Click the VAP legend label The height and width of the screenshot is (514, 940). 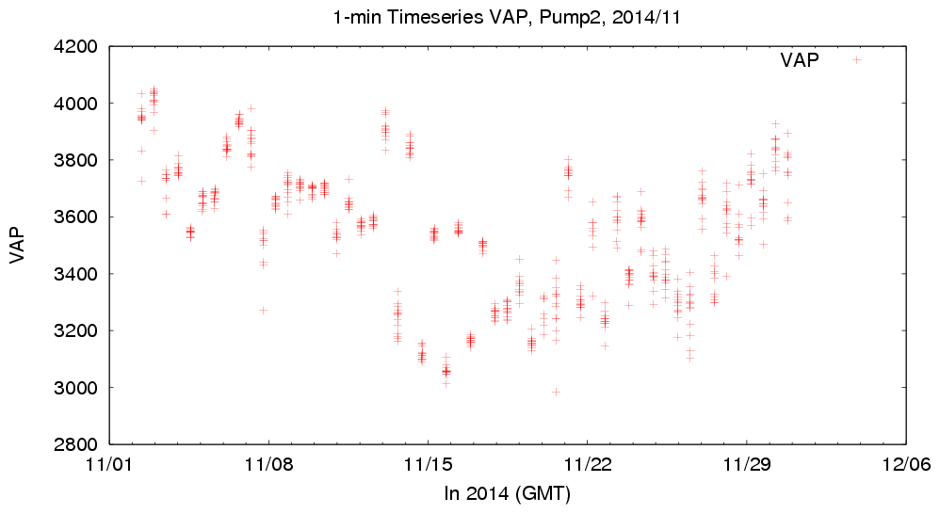coord(800,60)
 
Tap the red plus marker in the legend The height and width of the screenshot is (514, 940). coord(857,60)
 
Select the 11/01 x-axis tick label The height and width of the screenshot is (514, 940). coord(110,465)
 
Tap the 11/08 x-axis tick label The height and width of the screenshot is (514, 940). coord(269,465)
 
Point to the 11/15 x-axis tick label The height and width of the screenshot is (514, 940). coord(429,465)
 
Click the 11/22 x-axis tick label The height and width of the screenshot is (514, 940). coord(587,465)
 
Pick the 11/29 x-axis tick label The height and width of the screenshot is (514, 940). coord(746,465)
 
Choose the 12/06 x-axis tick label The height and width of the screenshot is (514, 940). coord(905,465)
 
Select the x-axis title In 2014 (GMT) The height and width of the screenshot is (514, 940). coord(508,492)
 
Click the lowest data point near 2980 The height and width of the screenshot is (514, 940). coord(556,392)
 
